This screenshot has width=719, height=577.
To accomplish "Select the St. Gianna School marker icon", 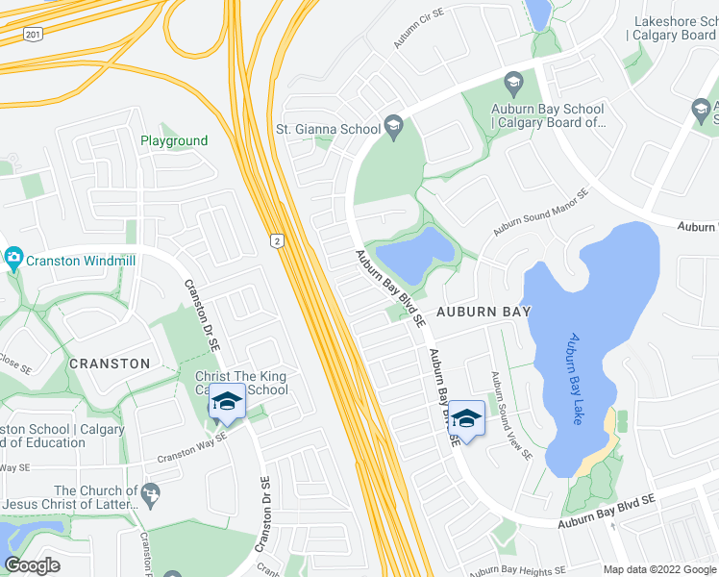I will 393,126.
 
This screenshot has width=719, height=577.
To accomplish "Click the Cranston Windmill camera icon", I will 13,258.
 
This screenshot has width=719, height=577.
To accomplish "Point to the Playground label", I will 174,140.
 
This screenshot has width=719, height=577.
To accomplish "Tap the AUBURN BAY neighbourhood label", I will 484,313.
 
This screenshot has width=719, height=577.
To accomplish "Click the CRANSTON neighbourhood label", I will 110,364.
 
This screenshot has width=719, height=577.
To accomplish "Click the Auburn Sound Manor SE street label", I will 540,212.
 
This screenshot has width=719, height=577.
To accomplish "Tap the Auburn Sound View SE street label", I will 510,415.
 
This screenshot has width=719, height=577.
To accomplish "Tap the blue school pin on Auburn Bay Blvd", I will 467,417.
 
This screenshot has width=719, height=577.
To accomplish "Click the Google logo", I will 33,565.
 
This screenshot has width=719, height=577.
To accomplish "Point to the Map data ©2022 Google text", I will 659,569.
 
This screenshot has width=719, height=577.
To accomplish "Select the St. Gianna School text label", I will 328,128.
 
